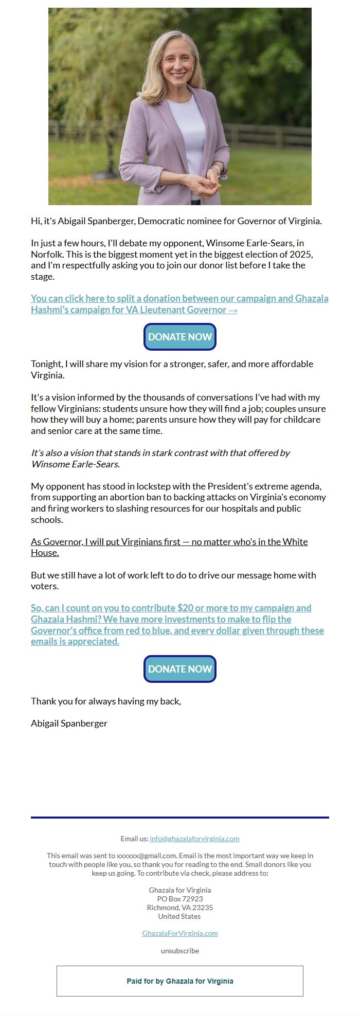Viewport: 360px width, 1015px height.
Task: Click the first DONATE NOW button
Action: (180, 337)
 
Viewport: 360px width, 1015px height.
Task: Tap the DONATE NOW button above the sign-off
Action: (180, 669)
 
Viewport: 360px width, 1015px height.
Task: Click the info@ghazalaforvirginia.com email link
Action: (194, 839)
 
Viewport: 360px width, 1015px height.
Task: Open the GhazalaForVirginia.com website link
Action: (180, 933)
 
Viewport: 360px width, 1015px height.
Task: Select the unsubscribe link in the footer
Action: (180, 951)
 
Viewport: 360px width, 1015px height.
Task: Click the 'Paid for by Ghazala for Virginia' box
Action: (180, 981)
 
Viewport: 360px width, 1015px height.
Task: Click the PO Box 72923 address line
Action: (180, 899)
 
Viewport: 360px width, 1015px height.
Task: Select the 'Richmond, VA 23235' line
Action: (180, 908)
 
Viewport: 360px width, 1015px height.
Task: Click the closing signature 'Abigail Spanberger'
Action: (69, 723)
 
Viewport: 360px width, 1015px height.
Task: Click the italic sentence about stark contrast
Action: (160, 458)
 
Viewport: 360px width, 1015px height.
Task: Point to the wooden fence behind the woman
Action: (267, 135)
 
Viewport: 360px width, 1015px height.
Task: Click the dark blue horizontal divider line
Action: (180, 817)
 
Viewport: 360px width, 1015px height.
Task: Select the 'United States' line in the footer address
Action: (179, 916)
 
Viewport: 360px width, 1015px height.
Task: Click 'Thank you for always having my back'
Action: (106, 701)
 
